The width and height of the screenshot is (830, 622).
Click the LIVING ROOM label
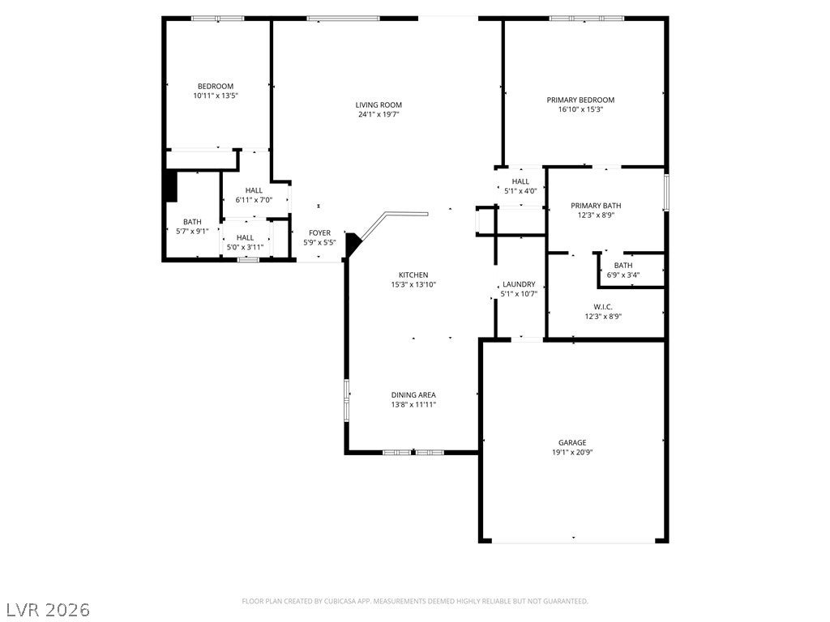pos(379,104)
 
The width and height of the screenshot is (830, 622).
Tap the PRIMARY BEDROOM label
pos(580,100)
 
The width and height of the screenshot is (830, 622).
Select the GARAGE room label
pos(572,443)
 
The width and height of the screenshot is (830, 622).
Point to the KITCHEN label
pos(413,275)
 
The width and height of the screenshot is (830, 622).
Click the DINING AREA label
pos(413,395)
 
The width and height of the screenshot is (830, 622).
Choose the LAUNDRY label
pos(519,284)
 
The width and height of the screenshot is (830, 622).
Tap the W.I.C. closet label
pos(603,307)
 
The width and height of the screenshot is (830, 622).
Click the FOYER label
pos(319,233)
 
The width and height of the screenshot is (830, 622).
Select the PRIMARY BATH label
pos(596,206)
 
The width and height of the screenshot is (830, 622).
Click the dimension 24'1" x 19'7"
pos(379,114)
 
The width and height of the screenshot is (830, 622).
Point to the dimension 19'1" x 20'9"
pos(572,452)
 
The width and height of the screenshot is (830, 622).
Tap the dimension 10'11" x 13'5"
pos(216,96)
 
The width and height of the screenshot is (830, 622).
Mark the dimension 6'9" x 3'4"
pos(623,275)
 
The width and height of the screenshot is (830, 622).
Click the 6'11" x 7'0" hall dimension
pos(254,200)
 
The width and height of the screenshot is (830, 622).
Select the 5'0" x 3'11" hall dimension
pos(245,247)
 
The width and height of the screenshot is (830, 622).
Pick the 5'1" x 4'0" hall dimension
pos(520,191)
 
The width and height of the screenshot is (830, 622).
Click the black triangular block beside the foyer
pos(352,244)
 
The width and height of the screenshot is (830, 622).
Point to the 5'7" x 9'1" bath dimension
pos(192,231)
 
